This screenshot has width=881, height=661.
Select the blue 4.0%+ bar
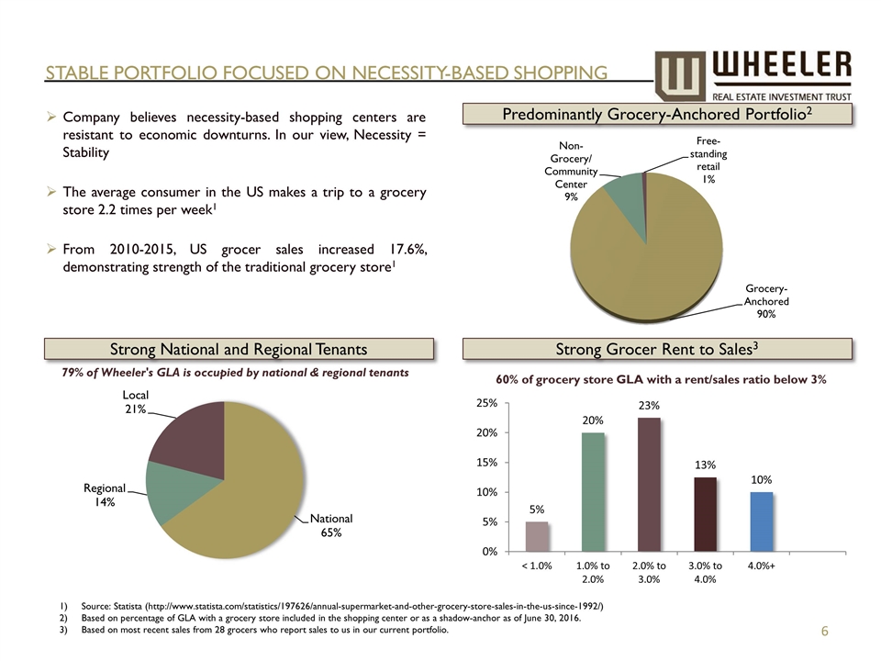762,521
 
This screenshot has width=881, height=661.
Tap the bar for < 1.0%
537,536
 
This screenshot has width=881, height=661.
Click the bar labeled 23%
649,484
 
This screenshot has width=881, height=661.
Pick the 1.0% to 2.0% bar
593,491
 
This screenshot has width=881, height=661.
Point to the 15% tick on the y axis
486,463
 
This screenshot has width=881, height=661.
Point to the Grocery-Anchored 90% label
765,300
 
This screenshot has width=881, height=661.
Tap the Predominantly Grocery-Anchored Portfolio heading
658,114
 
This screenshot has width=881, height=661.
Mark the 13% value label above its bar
705,465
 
